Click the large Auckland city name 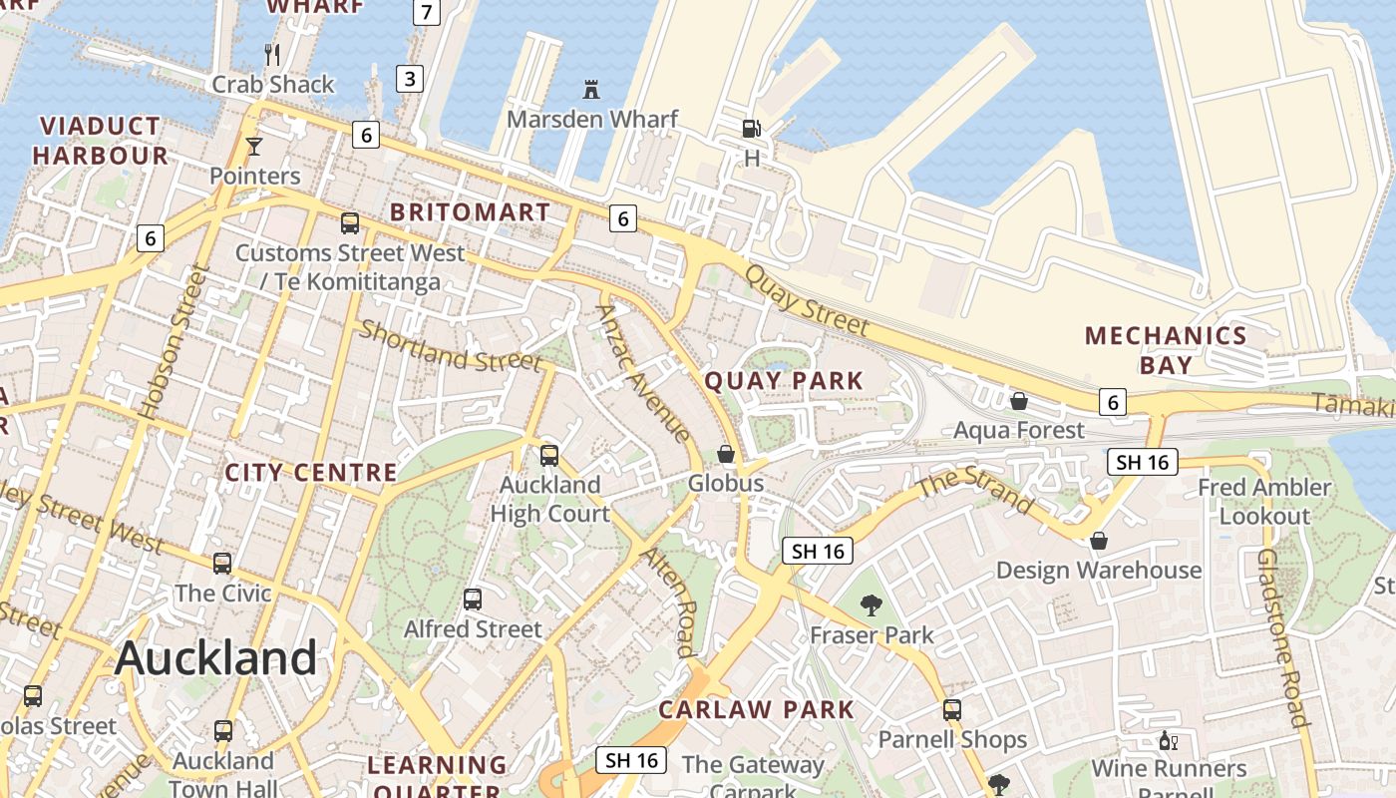point(215,658)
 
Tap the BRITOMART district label point(470,212)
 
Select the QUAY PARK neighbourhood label point(784,380)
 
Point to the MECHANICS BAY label point(1166,350)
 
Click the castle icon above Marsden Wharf point(591,90)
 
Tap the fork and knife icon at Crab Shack point(272,54)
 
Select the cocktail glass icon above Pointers point(254,147)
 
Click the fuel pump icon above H point(751,128)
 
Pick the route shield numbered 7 point(426,13)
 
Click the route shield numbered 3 point(409,79)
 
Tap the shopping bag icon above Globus point(726,454)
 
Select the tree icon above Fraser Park point(872,604)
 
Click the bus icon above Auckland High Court point(549,456)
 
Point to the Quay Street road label point(807,299)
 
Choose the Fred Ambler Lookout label point(1264,502)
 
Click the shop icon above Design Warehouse point(1098,541)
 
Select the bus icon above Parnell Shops point(952,710)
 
